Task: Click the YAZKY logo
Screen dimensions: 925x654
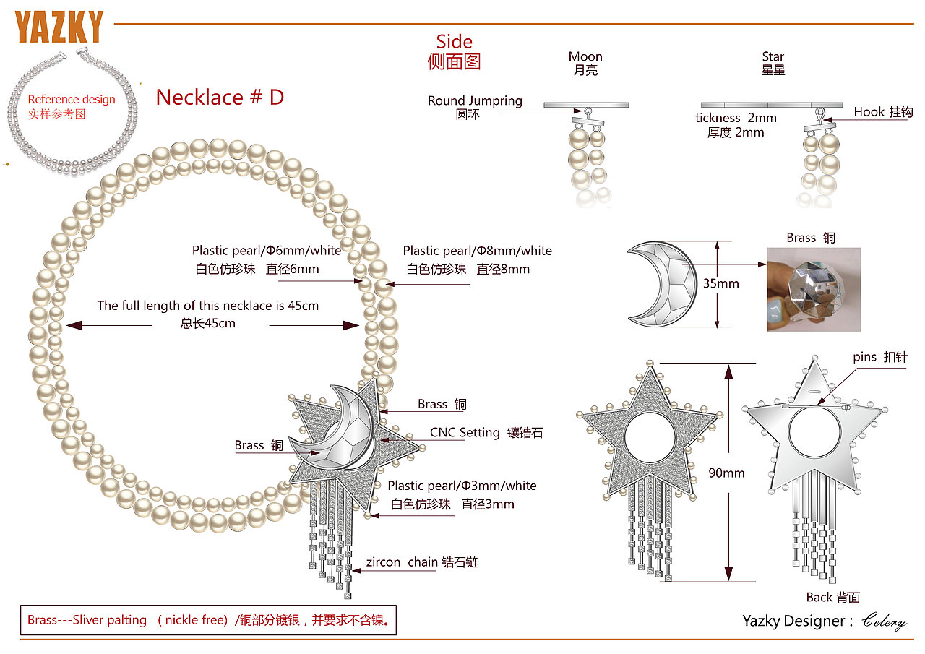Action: coord(59,27)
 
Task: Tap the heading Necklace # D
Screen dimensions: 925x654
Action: coord(220,98)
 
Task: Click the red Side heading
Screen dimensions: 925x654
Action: coord(454,42)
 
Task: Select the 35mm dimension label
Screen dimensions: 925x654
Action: coord(721,283)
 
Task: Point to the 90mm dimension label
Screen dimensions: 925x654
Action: coord(726,473)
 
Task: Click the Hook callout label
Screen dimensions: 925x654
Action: coord(883,112)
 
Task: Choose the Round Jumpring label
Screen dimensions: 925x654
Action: coord(475,100)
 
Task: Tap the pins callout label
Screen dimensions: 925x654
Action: coord(880,357)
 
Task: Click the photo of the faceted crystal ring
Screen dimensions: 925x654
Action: coord(814,290)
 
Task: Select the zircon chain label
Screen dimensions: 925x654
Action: coord(421,562)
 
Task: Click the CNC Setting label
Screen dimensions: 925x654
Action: coord(486,432)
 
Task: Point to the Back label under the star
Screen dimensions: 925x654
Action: coord(833,597)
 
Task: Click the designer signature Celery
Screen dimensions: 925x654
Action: coord(884,621)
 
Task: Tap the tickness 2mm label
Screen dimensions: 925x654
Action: coord(736,118)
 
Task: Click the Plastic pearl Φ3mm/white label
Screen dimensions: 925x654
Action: coord(462,486)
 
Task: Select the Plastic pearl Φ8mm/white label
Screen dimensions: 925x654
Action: coord(478,251)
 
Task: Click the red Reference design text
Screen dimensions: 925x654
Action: coord(72,100)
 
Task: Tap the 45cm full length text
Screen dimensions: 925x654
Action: coord(207,306)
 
